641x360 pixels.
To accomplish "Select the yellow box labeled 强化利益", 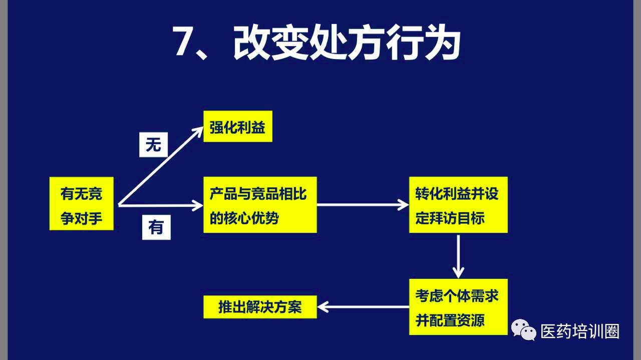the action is (x=238, y=126).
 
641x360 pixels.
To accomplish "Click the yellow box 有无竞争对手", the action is (x=82, y=203).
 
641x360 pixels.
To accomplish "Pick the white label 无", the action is (x=153, y=145).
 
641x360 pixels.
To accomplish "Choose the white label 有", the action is (x=156, y=227).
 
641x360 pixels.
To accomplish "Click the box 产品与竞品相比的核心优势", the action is (x=260, y=205).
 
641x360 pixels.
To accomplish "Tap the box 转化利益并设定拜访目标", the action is (x=458, y=205).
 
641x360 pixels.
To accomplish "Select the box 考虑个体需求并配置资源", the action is (x=458, y=307).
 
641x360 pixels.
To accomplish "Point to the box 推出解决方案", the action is (x=260, y=307).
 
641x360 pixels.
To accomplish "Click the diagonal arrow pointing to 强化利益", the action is (x=161, y=166).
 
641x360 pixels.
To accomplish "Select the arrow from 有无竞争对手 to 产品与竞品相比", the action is (x=161, y=205).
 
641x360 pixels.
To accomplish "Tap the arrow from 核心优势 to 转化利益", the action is (x=363, y=205).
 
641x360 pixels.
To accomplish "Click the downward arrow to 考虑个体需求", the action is (x=458, y=257).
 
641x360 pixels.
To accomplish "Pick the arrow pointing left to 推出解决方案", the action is (x=363, y=307).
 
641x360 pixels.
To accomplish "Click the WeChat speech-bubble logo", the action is (x=524, y=330).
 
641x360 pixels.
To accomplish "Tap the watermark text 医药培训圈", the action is (x=580, y=331).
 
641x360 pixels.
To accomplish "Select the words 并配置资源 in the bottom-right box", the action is (x=450, y=320).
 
